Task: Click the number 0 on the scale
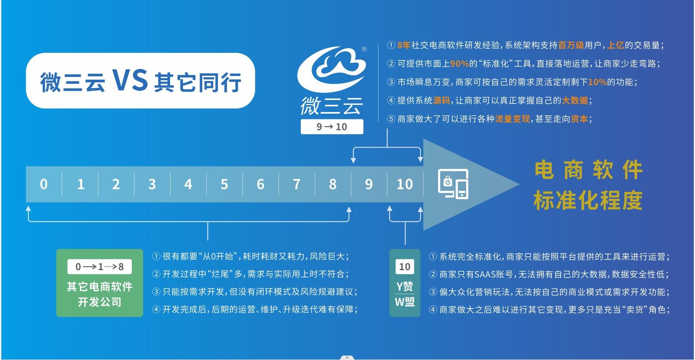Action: [x=44, y=184]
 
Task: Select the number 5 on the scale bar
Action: [x=224, y=184]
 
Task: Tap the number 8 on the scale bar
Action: [x=333, y=184]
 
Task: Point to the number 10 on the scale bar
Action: [x=405, y=184]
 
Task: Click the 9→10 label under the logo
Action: [x=332, y=127]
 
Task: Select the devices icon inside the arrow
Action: [x=454, y=184]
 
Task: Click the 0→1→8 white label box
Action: [x=100, y=266]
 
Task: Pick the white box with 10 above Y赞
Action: [x=405, y=266]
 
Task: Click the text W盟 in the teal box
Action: [x=405, y=302]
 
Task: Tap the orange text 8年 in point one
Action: [x=404, y=45]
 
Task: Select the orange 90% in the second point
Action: [x=460, y=64]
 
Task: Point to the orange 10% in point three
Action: [x=597, y=82]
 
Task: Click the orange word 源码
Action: [x=441, y=100]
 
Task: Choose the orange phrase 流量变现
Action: [x=512, y=119]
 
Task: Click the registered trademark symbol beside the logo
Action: [x=364, y=49]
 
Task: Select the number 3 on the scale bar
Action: [x=152, y=184]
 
